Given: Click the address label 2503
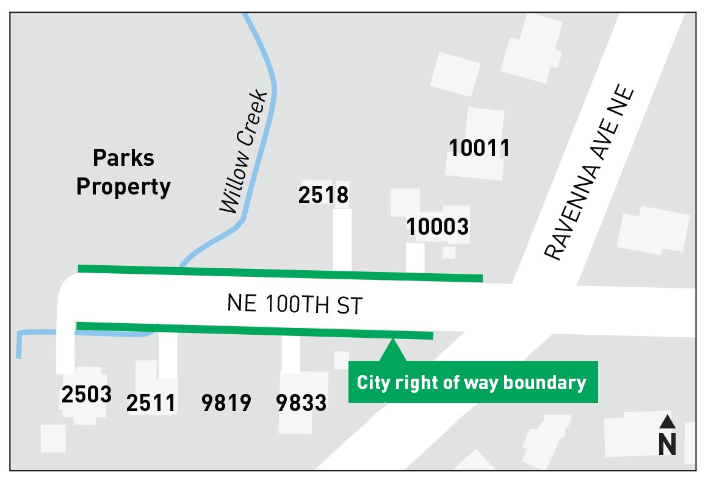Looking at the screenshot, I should pos(87,395).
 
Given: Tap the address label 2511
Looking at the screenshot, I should pos(151,403).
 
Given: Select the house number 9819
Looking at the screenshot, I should pos(226,403).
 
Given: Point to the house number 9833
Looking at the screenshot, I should pos(301,403).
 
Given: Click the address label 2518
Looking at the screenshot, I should pos(323,195).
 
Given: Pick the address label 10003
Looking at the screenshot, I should pos(438,227).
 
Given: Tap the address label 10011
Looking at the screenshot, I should pos(479,148).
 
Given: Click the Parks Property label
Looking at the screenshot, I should pos(123,173).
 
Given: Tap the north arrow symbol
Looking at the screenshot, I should pos(667,436).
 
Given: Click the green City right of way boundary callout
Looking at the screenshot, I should pos(472,382).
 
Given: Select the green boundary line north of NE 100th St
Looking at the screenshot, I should pos(281,273).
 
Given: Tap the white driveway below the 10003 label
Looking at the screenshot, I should pos(415,257).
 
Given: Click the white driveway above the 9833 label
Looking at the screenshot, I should pos(291,354).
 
